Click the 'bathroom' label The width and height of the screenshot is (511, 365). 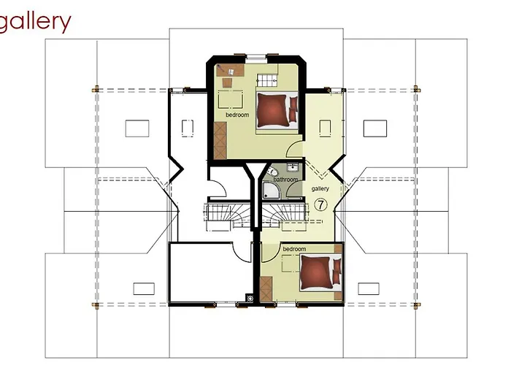pyautogui.click(x=285, y=179)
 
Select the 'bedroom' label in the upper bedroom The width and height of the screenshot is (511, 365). pyautogui.click(x=237, y=115)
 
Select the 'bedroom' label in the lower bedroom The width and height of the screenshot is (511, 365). pyautogui.click(x=293, y=250)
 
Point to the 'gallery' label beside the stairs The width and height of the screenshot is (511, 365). pyautogui.click(x=320, y=188)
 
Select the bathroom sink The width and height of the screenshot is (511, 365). pyautogui.click(x=290, y=167)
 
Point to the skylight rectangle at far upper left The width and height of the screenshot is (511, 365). pyautogui.click(x=137, y=128)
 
